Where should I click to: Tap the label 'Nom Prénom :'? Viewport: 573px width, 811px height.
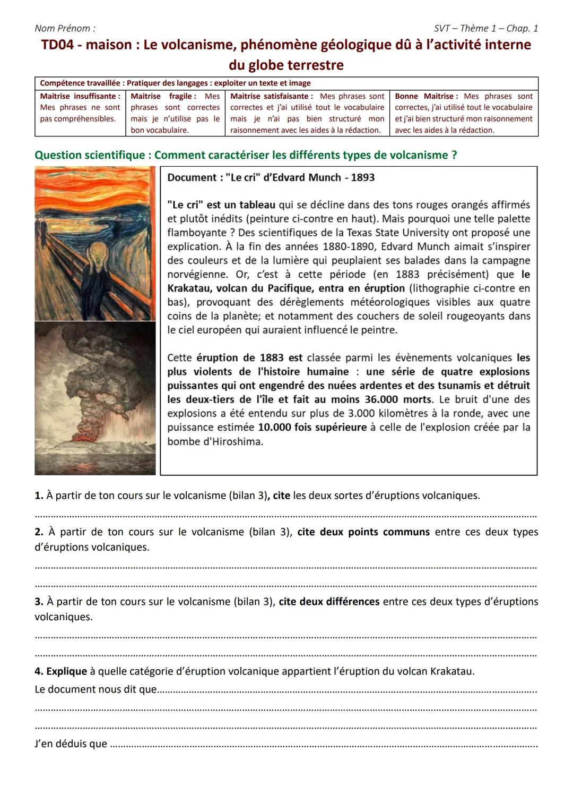pos(65,28)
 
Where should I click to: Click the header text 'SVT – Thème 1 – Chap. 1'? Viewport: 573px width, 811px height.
pos(485,28)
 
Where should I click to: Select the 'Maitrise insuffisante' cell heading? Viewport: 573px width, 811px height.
pos(80,96)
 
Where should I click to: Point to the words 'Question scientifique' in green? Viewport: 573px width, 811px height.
pos(90,155)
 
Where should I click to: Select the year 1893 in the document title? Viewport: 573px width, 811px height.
pos(363,177)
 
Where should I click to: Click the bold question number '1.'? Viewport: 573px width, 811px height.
pos(39,496)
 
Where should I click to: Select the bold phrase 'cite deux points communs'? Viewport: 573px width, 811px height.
pos(363,532)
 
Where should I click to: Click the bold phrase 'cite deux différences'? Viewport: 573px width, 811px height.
pos(329,601)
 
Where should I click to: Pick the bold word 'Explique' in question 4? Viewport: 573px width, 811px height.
pos(66,671)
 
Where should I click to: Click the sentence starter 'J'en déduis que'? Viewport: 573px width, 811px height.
pos(71,744)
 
